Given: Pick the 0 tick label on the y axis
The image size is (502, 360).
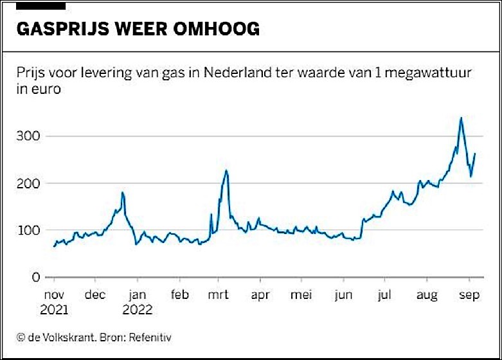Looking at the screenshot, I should tap(37, 277).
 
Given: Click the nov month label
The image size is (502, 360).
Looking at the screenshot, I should tap(53, 296).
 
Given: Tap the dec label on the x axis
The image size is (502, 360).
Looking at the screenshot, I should tap(95, 296).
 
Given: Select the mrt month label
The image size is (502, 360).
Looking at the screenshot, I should tap(219, 296).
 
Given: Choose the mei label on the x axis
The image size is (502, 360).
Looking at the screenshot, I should tap(301, 296).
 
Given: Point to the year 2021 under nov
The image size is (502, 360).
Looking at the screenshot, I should tap(55, 310).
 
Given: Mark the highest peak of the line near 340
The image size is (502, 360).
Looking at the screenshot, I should tap(461, 118).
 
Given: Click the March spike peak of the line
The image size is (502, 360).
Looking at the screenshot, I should tap(226, 170).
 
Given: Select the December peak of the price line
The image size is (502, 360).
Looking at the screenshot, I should tap(122, 192).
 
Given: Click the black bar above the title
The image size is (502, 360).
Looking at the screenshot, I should tap(41, 5).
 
